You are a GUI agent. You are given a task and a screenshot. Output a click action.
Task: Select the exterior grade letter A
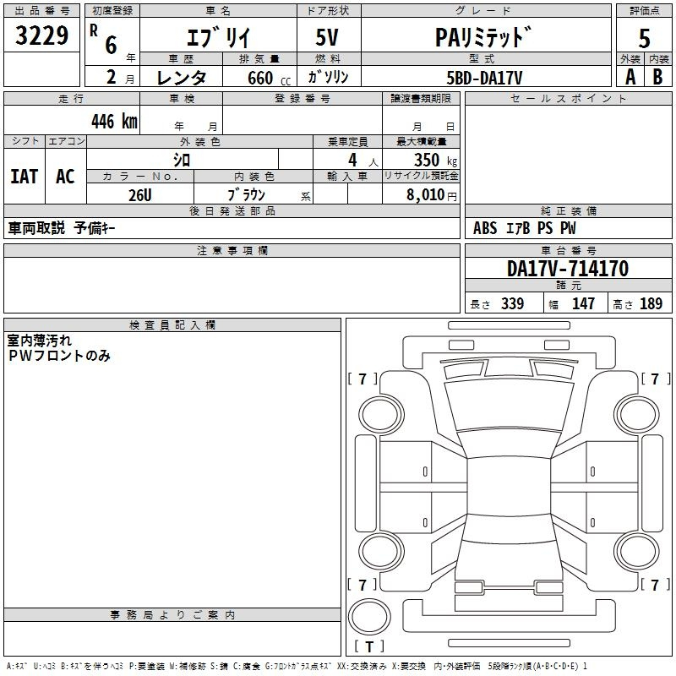630,76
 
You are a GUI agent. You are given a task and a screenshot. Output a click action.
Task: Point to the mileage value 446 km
114,122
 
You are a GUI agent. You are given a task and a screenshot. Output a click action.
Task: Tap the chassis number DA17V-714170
567,269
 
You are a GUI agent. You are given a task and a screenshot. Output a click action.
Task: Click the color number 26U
140,194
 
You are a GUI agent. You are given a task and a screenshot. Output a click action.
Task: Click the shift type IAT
24,176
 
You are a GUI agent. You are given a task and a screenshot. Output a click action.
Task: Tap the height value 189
651,304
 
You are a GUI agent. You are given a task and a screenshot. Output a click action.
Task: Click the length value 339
511,304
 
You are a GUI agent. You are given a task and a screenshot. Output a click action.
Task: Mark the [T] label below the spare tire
369,646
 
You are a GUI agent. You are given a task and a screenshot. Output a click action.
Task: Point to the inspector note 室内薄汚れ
40,340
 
